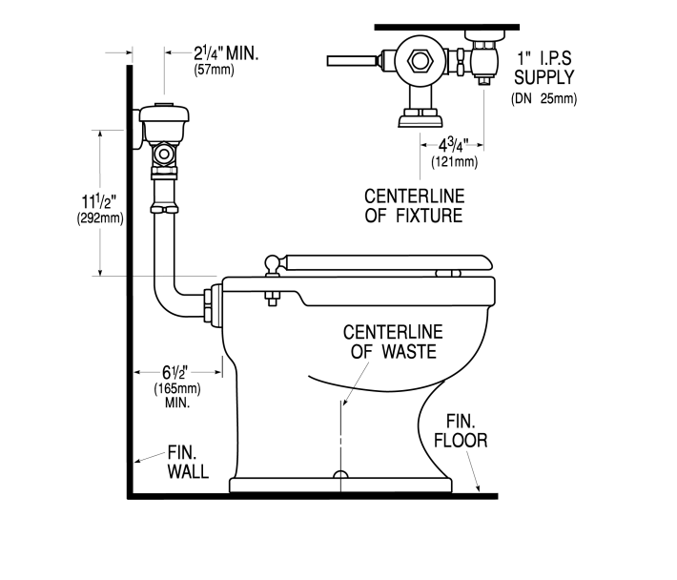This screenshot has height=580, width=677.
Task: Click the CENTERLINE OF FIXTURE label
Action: coord(414,206)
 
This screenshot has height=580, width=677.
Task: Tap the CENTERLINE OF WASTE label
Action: coord(392,342)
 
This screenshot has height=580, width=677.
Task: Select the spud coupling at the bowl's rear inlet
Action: coord(213,302)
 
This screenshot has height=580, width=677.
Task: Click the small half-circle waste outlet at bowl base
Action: coord(339,474)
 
